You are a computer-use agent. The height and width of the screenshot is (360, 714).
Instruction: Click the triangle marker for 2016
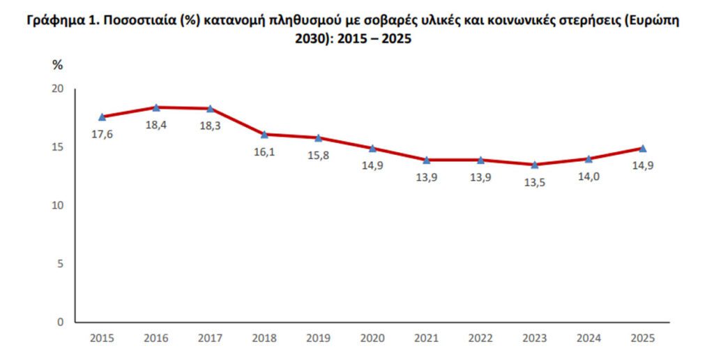(156, 107)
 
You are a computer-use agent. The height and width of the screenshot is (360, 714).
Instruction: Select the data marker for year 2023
(535, 165)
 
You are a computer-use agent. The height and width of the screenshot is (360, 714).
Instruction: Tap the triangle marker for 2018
(264, 134)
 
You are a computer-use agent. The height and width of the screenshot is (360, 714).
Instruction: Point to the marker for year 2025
(643, 148)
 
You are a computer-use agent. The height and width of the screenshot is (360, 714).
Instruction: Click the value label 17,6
(102, 134)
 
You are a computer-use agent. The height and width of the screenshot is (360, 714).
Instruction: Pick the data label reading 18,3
(210, 126)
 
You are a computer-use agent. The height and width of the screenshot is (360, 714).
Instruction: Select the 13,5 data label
(535, 183)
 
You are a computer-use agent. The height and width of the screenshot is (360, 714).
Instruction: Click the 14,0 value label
(588, 177)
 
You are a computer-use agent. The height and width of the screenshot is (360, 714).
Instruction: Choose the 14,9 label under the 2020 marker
(372, 166)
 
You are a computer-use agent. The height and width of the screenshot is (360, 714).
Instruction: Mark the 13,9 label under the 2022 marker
(480, 177)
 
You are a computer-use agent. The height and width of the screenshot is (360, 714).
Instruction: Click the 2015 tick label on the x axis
(102, 338)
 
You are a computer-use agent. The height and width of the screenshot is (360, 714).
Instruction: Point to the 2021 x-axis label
(426, 338)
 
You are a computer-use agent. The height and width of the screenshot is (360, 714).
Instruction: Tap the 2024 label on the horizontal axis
(588, 338)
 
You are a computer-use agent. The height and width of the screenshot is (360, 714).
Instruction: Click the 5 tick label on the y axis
(60, 264)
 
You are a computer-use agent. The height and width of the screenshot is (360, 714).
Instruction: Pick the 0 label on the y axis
(60, 322)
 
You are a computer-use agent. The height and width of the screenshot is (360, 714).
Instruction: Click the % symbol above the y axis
(58, 65)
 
